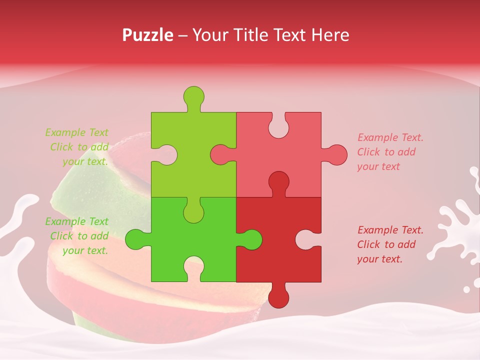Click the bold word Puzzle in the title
148,35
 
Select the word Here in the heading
330,35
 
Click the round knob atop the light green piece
193,96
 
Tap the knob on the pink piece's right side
337,154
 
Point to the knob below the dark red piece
278,297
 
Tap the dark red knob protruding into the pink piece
278,181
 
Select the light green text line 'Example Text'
76,132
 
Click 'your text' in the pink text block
378,166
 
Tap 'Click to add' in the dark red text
386,244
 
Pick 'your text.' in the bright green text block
85,250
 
